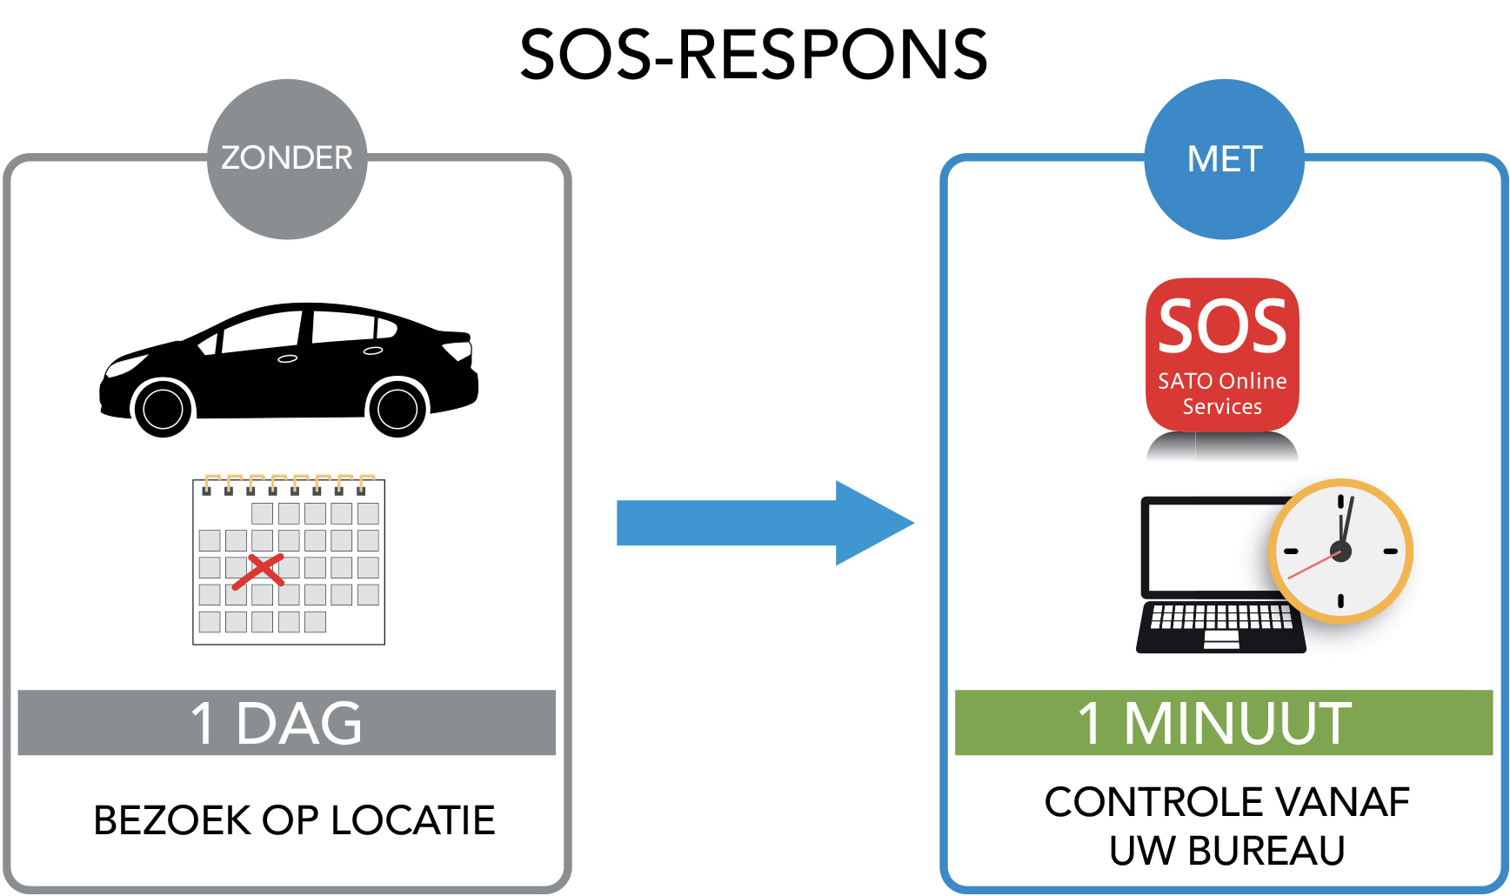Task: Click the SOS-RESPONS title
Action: [x=753, y=54]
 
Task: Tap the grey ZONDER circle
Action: [x=286, y=159]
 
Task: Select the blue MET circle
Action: [x=1224, y=159]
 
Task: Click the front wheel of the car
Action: [x=163, y=409]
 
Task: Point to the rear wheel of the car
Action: [x=398, y=409]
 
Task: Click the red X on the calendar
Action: [x=259, y=572]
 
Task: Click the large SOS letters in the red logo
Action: [x=1222, y=327]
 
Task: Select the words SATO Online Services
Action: [x=1222, y=394]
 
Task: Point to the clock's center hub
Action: [x=1340, y=551]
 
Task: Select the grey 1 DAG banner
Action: [x=286, y=722]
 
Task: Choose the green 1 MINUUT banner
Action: [x=1223, y=722]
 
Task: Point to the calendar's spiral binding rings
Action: [x=288, y=484]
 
